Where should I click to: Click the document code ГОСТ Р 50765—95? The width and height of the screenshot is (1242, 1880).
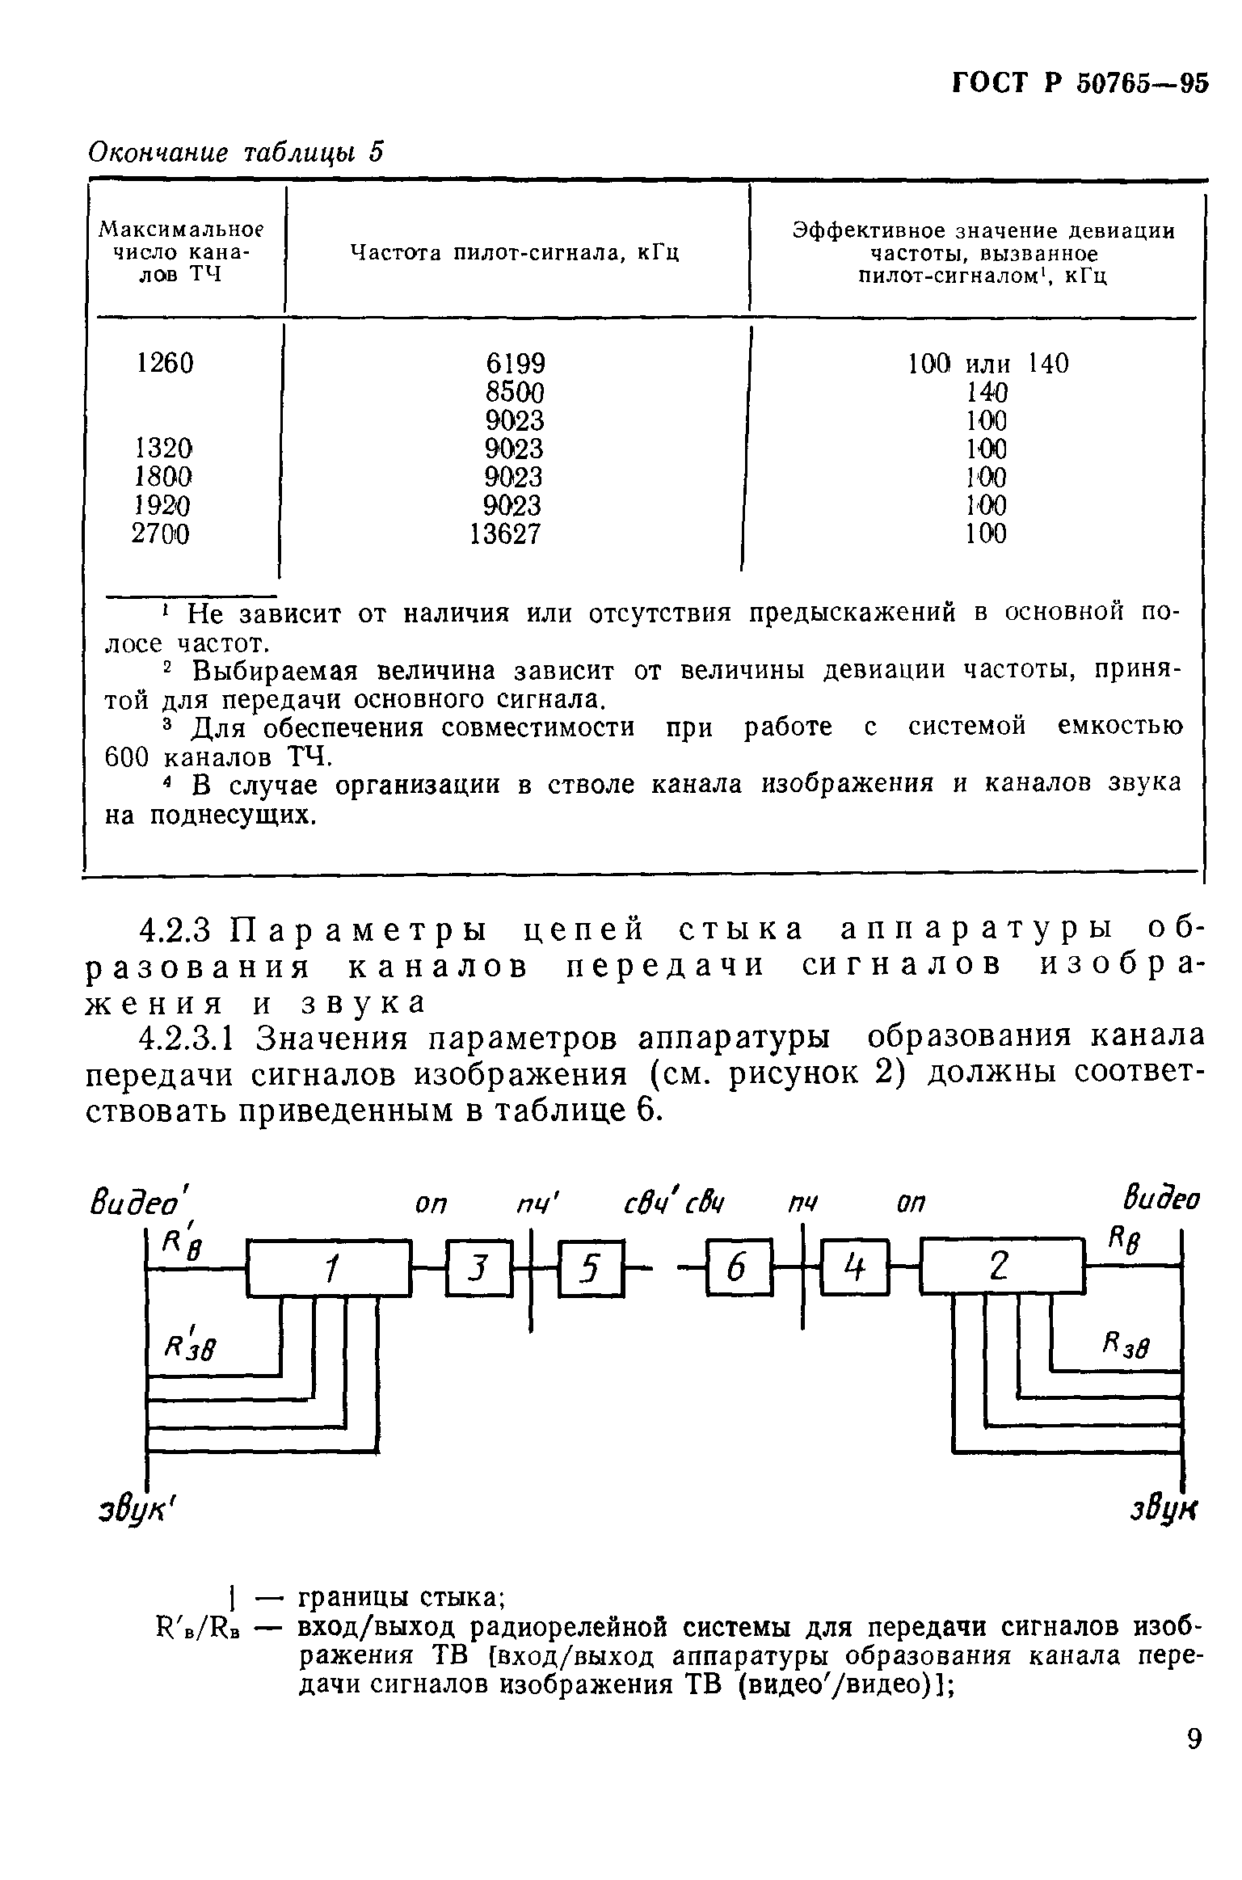[x=1080, y=84]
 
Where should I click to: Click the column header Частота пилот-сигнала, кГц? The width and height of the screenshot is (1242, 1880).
[x=515, y=253]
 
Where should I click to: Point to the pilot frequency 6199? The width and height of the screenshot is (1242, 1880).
[x=516, y=364]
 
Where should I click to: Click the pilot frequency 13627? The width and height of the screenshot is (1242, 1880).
[x=507, y=534]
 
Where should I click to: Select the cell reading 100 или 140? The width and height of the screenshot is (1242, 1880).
[x=987, y=364]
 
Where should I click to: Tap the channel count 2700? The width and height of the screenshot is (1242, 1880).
[x=162, y=534]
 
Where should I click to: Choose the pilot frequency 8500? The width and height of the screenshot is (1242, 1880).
[x=516, y=393]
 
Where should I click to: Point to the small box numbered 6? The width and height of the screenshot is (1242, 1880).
[x=738, y=1270]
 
